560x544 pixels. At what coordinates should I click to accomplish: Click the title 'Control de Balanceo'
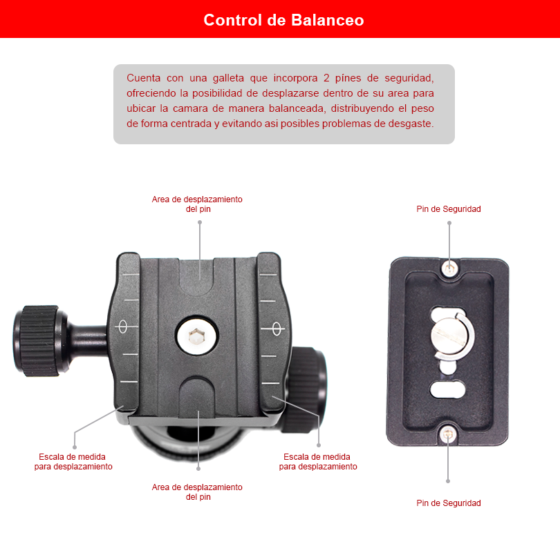283,20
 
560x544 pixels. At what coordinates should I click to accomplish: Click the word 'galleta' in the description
228,78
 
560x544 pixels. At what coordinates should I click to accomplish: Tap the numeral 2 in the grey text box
326,78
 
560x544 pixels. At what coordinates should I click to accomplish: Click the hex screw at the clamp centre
196,336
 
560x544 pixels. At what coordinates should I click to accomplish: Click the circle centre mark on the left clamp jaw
122,326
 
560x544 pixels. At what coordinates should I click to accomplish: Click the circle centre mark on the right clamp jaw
277,328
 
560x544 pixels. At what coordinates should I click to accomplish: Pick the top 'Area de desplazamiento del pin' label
197,204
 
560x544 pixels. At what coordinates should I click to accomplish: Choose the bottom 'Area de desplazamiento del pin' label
197,492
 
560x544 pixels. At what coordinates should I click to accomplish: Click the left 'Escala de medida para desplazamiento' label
73,462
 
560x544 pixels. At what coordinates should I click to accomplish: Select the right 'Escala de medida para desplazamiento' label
318,462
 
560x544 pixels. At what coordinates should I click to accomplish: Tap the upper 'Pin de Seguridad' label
449,209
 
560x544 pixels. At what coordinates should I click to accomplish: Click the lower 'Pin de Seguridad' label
449,503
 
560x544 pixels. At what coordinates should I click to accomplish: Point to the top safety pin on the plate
449,268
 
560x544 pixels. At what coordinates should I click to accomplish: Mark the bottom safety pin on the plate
448,434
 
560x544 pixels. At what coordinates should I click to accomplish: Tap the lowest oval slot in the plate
447,389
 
